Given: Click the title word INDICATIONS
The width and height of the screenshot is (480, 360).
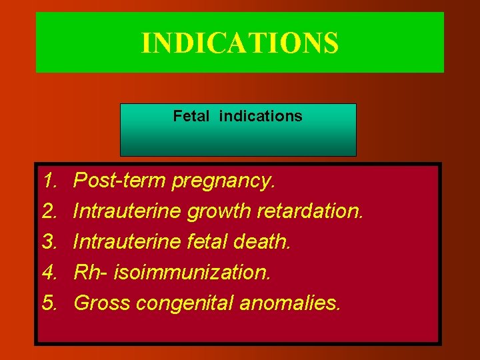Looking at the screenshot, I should (239, 42).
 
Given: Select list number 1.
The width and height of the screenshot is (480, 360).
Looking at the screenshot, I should (49, 180).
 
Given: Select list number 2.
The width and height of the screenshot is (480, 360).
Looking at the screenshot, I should (49, 211).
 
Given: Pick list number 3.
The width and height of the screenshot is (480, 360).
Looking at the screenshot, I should (49, 241).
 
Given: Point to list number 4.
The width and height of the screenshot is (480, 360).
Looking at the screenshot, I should (49, 272).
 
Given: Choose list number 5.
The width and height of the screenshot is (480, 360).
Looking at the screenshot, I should (49, 303).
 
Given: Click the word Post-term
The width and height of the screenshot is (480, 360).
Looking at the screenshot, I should (119, 180).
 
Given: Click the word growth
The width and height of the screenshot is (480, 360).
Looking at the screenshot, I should (218, 211).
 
